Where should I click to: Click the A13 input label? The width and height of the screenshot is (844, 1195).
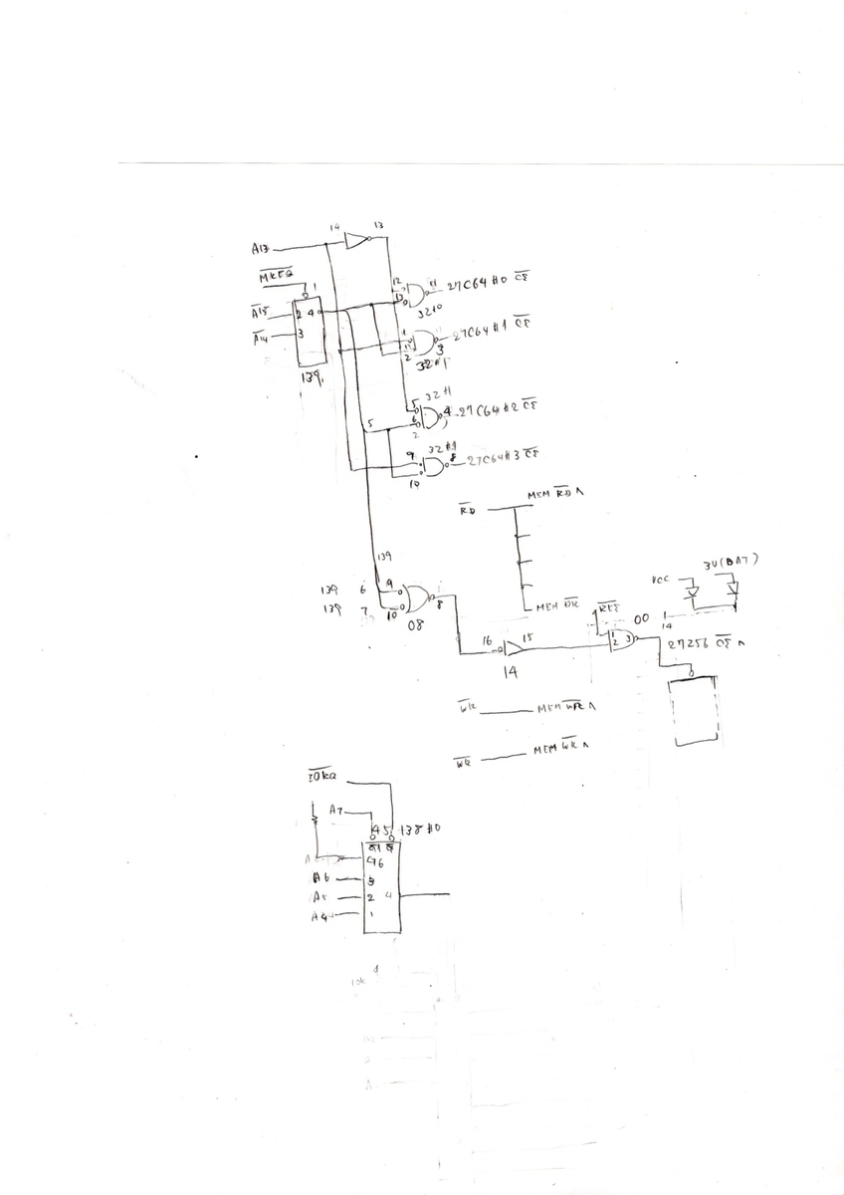click(x=262, y=247)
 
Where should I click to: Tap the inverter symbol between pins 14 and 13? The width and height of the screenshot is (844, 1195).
click(x=355, y=240)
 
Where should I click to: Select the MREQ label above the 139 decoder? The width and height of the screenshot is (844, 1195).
click(x=276, y=274)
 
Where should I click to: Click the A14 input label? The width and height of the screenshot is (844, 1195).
click(x=261, y=337)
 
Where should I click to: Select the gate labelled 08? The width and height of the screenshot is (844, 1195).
click(x=418, y=599)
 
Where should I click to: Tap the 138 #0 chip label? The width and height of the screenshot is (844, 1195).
click(x=419, y=829)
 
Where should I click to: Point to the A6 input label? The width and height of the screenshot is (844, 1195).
click(x=320, y=878)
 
